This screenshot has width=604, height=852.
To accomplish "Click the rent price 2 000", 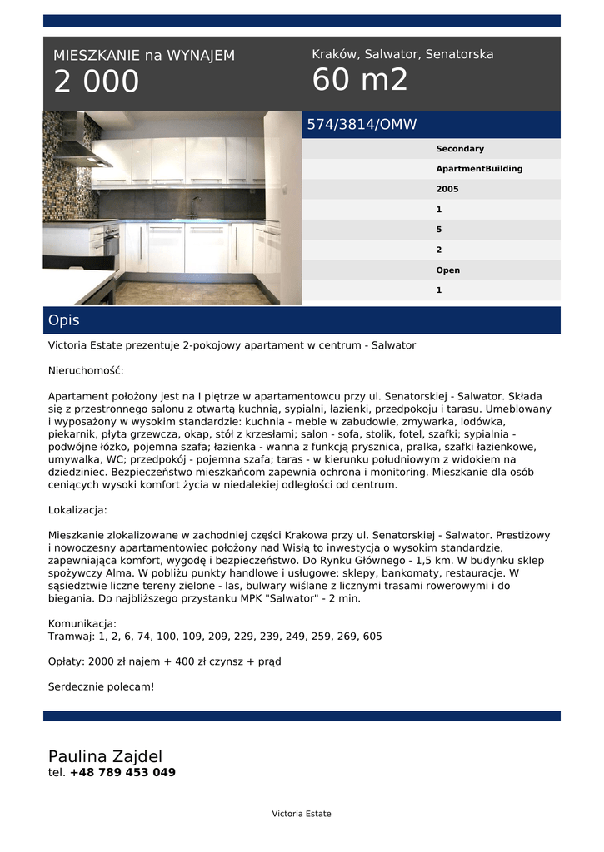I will pos(97,82).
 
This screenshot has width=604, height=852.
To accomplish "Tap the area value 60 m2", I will pos(360,80).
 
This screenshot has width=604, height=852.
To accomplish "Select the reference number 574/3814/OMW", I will pos(362,125).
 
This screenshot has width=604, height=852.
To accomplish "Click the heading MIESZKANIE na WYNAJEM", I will pos(144,56).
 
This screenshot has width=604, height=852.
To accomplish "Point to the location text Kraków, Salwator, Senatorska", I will pos(402,54).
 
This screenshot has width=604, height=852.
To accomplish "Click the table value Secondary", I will pos(460,149).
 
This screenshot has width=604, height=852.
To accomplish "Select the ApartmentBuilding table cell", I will pos(479,169).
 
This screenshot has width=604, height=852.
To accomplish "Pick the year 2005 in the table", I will pos(447,189).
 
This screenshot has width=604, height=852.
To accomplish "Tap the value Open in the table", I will pos(447,270).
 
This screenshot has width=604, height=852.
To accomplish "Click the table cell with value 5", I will pos(439,230).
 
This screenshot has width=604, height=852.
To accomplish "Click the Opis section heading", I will pos(64,320).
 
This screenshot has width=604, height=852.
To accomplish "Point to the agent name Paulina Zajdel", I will pos(105,756).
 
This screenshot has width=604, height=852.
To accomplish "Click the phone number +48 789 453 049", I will pos(122,772).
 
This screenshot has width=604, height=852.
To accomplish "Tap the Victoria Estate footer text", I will pos(302,814).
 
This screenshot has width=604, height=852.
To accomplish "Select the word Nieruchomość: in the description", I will pos(86,370).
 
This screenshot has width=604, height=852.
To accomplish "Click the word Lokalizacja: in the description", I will pos(77,509).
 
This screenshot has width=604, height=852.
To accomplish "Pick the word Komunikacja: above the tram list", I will pos(82,623).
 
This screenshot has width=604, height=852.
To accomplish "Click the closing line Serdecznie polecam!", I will pos(102,686).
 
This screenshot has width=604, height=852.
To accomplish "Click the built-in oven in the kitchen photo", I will pos(112,243).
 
